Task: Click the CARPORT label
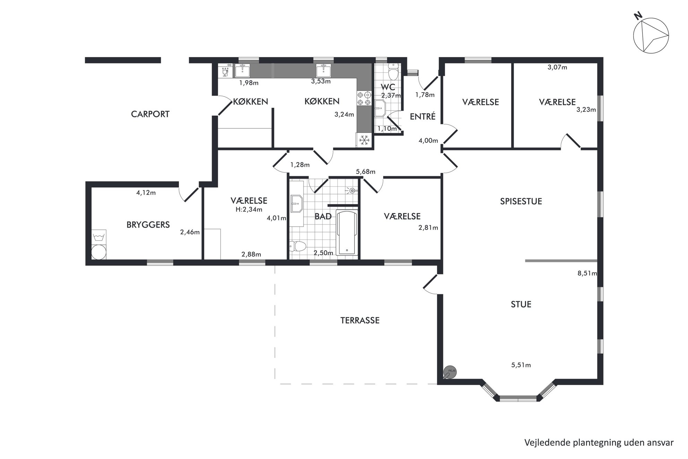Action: click(x=150, y=114)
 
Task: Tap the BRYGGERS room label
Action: click(x=148, y=225)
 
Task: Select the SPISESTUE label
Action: click(x=521, y=202)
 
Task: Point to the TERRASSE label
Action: click(x=360, y=321)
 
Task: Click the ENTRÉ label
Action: click(x=422, y=117)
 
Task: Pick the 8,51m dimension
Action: click(x=587, y=273)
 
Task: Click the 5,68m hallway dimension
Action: click(x=365, y=172)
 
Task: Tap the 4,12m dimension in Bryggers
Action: click(x=146, y=193)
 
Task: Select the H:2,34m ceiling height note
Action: click(x=249, y=210)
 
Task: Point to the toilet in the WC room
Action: click(x=393, y=72)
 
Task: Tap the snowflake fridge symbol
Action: click(x=364, y=141)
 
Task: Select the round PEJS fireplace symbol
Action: click(x=450, y=373)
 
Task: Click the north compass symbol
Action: click(x=651, y=36)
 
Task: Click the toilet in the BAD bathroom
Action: click(x=298, y=246)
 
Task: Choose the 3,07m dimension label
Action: click(x=557, y=67)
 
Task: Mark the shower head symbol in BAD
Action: click(x=351, y=190)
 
